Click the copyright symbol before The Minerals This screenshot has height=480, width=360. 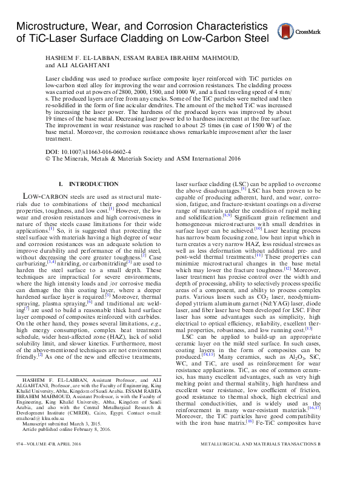coord(48,156)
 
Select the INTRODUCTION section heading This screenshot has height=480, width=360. coord(93,184)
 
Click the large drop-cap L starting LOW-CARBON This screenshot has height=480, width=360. coord(26,197)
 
